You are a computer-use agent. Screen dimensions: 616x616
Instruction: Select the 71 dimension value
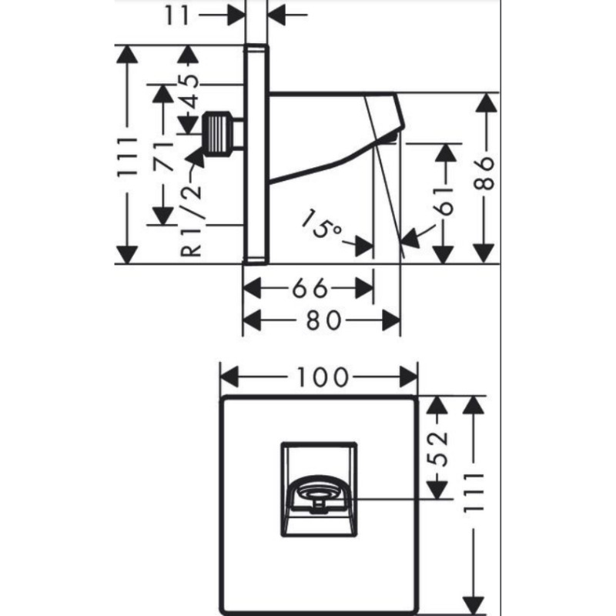tap(164, 159)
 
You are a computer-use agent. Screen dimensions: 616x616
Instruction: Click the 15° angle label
tap(321, 226)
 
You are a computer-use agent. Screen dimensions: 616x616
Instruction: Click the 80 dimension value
tap(323, 318)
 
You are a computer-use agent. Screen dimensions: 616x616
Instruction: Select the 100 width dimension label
tap(320, 377)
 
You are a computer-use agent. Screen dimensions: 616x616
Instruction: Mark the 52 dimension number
tap(437, 447)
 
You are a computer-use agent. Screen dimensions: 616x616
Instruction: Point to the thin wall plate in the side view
tap(257, 154)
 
